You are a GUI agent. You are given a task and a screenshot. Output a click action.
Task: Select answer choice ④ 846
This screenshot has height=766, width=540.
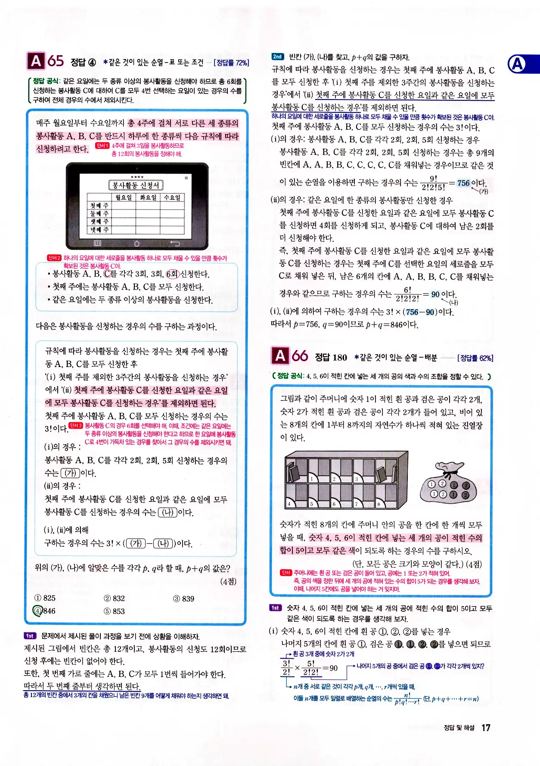pyautogui.click(x=44, y=611)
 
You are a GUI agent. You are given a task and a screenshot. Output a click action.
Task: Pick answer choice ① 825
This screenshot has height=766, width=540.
pyautogui.click(x=45, y=598)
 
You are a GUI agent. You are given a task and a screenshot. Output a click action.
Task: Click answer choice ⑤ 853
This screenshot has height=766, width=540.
pyautogui.click(x=114, y=611)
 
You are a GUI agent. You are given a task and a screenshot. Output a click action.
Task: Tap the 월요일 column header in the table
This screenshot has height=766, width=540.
pyautogui.click(x=124, y=197)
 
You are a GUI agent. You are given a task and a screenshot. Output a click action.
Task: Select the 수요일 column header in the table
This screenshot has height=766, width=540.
pyautogui.click(x=172, y=197)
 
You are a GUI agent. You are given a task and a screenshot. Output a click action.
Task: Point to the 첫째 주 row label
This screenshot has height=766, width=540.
pyautogui.click(x=99, y=206)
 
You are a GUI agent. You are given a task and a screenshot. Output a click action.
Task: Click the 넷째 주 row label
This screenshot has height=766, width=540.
pyautogui.click(x=99, y=230)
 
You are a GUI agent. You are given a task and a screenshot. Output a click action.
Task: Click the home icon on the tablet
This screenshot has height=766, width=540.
pyautogui.click(x=137, y=243)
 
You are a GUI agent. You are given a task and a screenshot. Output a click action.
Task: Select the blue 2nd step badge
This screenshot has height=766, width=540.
pyautogui.click(x=278, y=56)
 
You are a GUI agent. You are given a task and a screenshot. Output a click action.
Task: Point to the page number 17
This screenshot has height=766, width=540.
pyautogui.click(x=486, y=728)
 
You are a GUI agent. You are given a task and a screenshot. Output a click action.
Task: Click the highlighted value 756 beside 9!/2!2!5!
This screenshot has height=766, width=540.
pyautogui.click(x=463, y=183)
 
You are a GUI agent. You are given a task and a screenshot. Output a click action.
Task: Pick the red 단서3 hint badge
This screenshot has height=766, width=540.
pyautogui.click(x=76, y=426)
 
